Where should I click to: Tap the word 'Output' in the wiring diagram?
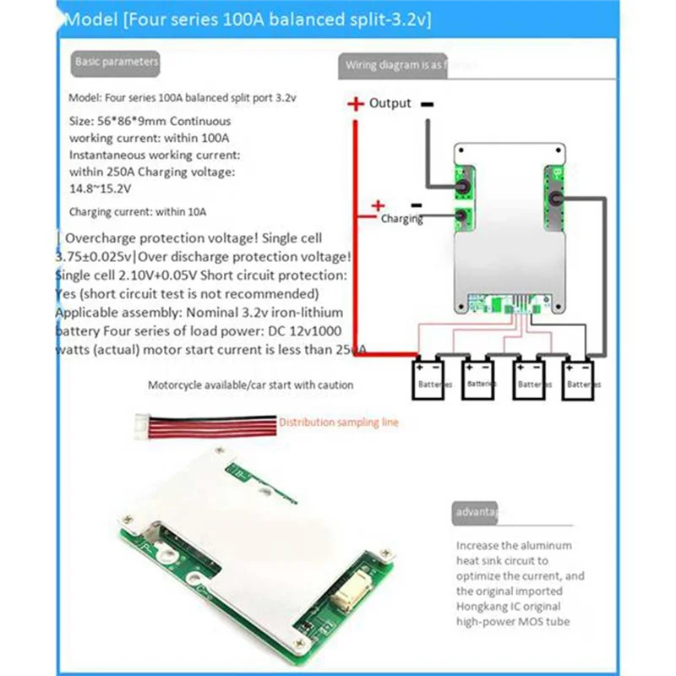click(x=390, y=103)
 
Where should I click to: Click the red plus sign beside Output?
click(x=354, y=104)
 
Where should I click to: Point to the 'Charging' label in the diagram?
click(x=401, y=219)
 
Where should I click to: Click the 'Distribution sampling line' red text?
click(x=338, y=422)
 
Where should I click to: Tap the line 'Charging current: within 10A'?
click(x=138, y=212)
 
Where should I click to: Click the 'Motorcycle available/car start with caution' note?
click(x=250, y=385)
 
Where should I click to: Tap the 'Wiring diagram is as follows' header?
click(x=394, y=65)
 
